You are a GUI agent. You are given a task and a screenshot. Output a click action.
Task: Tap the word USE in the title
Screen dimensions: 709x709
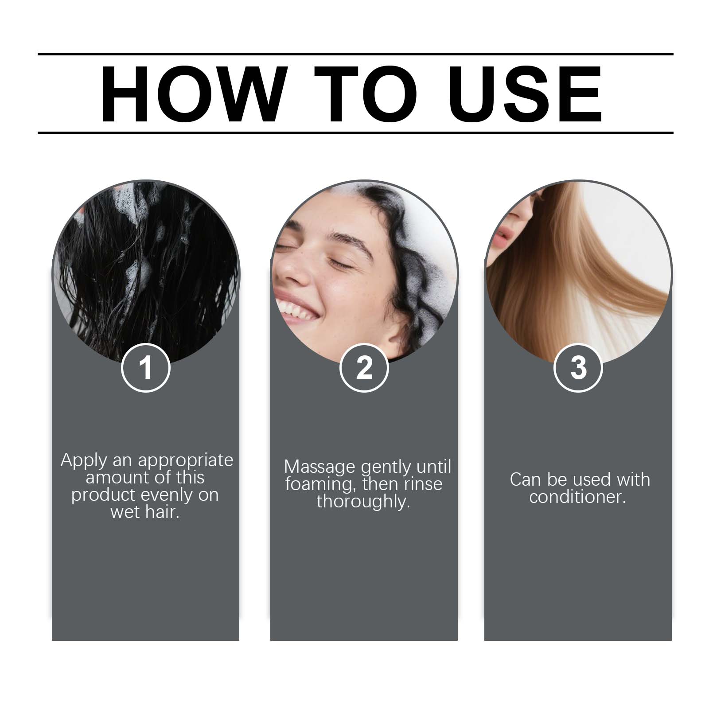click(528, 94)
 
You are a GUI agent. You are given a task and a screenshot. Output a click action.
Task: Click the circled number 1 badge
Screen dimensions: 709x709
click(146, 367)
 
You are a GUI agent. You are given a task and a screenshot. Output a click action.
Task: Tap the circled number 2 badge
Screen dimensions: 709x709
click(364, 367)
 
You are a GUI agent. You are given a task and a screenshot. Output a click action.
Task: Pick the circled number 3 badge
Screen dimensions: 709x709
click(578, 367)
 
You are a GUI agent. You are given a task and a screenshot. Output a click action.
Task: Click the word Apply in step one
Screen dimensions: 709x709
click(84, 461)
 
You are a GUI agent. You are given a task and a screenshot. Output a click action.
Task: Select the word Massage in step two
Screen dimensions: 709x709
click(319, 467)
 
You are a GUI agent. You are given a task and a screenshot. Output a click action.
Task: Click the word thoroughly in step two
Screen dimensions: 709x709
click(363, 502)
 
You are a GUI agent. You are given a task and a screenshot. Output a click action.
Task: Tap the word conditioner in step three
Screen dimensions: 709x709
click(577, 497)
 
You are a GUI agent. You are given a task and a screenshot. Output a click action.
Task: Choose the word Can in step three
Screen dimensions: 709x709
click(525, 479)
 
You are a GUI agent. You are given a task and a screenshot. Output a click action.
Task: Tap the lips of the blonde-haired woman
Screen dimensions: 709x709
click(501, 241)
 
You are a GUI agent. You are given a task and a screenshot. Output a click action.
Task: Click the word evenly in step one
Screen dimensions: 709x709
click(167, 495)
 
